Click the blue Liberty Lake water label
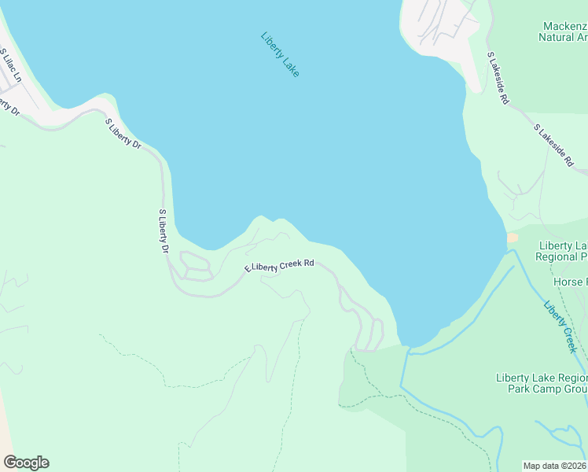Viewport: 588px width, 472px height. click(x=280, y=54)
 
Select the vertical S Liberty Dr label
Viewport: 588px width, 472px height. click(x=164, y=231)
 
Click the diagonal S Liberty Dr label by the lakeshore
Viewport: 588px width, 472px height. click(x=123, y=133)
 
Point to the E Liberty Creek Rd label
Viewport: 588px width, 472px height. click(x=279, y=266)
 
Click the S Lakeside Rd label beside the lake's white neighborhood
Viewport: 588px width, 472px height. click(x=498, y=79)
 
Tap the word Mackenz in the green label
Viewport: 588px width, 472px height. click(x=563, y=24)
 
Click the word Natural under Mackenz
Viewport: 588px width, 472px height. click(x=557, y=36)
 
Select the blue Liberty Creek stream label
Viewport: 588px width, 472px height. click(x=560, y=326)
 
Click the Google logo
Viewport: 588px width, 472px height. click(x=26, y=463)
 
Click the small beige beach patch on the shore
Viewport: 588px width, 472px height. click(x=513, y=237)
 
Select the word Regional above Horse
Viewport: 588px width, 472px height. click(x=561, y=256)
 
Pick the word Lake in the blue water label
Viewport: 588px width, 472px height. click(x=290, y=68)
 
